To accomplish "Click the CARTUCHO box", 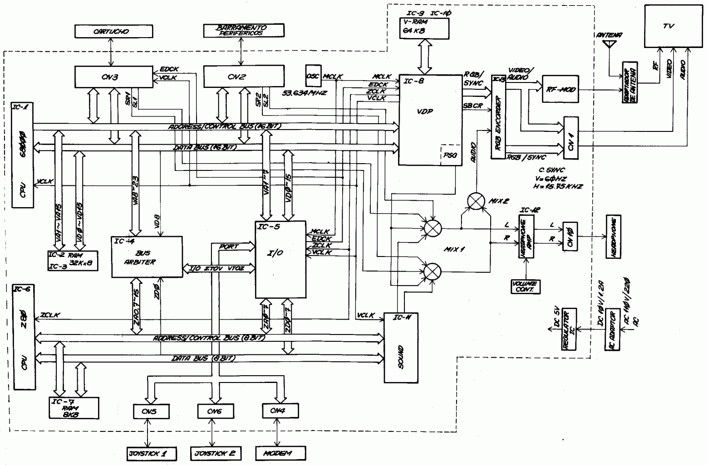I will tap(111, 31).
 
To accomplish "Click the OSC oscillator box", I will tap(313, 77).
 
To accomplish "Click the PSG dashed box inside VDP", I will tap(450, 155).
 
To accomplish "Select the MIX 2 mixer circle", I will tap(476, 201).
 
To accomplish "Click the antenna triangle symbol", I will tap(608, 44).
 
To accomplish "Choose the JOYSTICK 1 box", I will tap(151, 453).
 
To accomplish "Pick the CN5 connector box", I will tap(151, 411).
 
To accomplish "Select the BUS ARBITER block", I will tap(147, 257).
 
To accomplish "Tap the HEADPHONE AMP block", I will tap(526, 237).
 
